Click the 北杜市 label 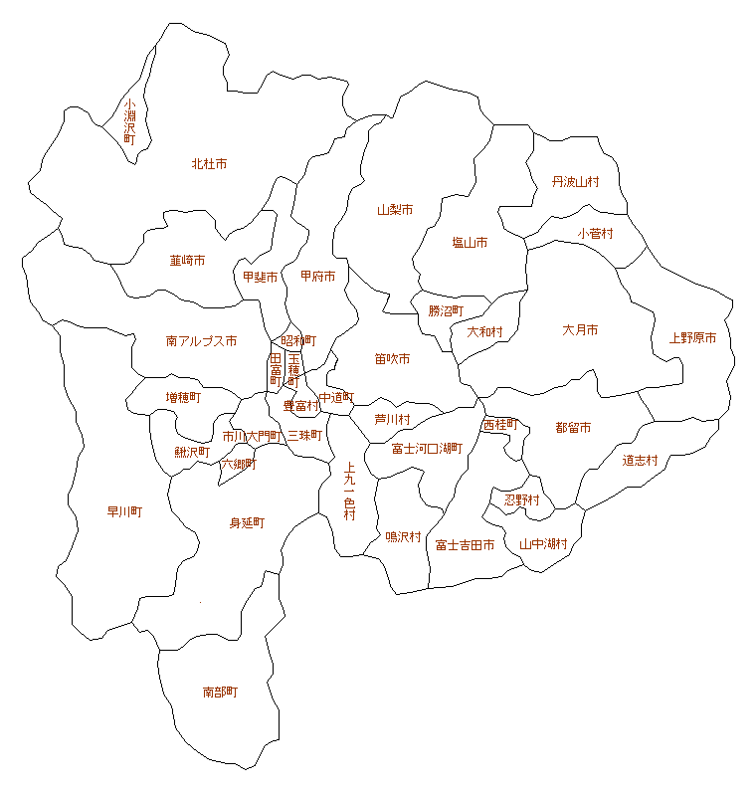209,163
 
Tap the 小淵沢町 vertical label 129,121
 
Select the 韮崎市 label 187,261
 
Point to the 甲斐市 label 260,277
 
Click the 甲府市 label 318,276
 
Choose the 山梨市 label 395,210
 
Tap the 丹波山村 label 576,182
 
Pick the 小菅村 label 595,234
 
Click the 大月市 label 580,329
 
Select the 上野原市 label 692,338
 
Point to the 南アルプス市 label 201,341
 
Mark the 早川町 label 124,512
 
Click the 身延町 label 247,522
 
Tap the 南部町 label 220,692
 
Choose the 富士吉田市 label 465,545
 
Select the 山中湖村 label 543,544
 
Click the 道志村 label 641,460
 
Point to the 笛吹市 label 392,358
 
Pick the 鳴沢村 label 403,537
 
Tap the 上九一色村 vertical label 349,492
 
